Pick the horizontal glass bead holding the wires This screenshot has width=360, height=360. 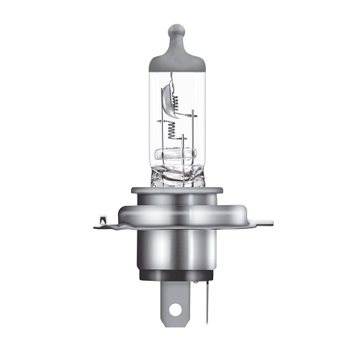point(176,155)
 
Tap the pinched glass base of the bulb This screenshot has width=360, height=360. point(176,176)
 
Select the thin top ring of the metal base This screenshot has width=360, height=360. point(176,190)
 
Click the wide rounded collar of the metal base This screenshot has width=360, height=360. point(176,209)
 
